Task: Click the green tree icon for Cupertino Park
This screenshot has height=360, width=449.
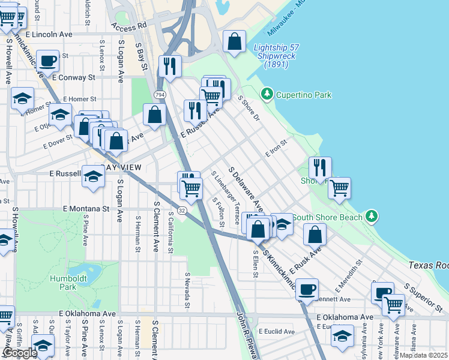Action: click(266, 94)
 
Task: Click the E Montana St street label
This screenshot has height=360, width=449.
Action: click(86, 209)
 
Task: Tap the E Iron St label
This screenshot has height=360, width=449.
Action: click(277, 146)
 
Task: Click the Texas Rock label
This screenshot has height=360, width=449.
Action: click(428, 265)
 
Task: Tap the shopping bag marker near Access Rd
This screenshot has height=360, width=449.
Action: click(234, 42)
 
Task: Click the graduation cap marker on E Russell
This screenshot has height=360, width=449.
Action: click(92, 177)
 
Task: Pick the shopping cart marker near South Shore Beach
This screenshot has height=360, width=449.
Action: click(340, 187)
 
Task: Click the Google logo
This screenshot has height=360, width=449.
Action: click(20, 352)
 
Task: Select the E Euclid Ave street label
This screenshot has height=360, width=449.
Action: click(277, 331)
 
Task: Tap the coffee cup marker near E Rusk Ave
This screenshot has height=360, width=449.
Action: click(307, 289)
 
